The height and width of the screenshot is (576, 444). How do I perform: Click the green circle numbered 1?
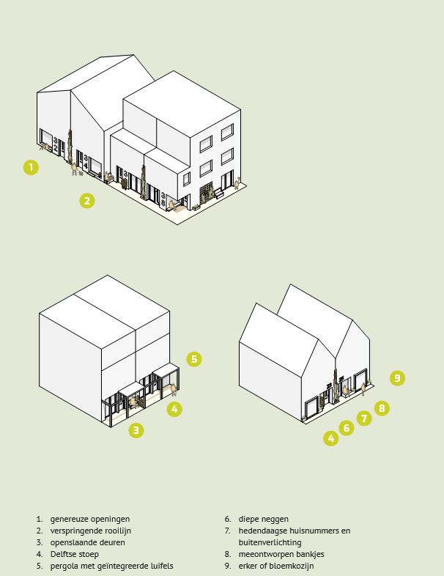[x=31, y=168]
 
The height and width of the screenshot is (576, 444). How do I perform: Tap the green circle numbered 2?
[x=87, y=201]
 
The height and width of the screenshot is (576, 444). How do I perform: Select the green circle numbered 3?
[x=136, y=430]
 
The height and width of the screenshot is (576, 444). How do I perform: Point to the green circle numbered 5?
[x=194, y=359]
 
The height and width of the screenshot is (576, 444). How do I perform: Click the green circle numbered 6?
[x=347, y=428]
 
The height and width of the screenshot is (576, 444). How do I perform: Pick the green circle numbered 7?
[x=364, y=418]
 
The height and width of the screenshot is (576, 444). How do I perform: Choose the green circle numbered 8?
[x=382, y=408]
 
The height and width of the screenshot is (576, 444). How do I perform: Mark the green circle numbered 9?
[x=397, y=378]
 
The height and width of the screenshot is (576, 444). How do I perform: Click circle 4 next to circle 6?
[x=331, y=438]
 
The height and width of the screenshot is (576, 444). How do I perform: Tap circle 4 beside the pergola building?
[x=174, y=409]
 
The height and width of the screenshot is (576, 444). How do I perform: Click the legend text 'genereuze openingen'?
[x=90, y=519]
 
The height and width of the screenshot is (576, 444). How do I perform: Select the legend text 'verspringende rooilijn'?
[x=91, y=531]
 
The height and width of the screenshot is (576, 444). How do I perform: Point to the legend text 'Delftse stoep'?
[x=75, y=554]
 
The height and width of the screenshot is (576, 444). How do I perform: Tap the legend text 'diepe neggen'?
[x=263, y=519]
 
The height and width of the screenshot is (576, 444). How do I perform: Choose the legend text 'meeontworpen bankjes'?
[x=281, y=554]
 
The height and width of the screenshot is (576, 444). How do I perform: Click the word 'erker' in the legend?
[x=248, y=566]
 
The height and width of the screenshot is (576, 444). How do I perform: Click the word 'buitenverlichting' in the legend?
[x=270, y=542]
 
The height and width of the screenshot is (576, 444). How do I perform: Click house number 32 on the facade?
[x=56, y=144]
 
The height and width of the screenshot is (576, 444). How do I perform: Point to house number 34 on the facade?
[x=86, y=162]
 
